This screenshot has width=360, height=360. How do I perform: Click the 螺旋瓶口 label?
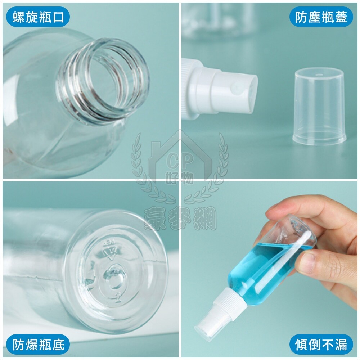point(38,17)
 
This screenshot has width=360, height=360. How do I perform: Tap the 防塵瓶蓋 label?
point(321,17)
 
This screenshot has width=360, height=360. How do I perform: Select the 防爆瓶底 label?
point(38,345)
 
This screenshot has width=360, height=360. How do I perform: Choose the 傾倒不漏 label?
point(321,345)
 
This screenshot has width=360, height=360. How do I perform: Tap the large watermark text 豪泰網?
point(180,218)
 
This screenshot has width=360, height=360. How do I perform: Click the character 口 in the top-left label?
point(59,17)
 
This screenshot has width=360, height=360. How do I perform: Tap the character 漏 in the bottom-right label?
point(341,345)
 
